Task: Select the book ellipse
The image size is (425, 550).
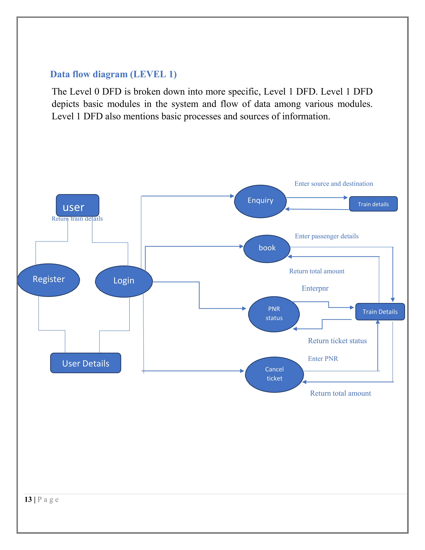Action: (267, 249)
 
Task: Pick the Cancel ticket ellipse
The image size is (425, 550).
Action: (274, 374)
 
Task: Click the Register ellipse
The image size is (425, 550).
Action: (49, 280)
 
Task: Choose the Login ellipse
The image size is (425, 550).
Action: (124, 281)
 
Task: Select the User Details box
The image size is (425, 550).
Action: (86, 363)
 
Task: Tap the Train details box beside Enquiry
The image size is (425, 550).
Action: (373, 204)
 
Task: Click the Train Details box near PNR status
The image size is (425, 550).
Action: (380, 312)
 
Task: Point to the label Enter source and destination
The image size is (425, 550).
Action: (334, 184)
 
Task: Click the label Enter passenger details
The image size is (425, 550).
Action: (327, 236)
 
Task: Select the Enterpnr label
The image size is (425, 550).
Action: (315, 288)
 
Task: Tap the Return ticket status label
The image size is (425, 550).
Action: (337, 341)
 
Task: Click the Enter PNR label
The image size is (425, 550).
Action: (323, 359)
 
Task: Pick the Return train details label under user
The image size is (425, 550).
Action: (77, 219)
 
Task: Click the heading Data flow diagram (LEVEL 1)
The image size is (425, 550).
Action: (113, 74)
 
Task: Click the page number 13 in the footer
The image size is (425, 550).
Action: (28, 499)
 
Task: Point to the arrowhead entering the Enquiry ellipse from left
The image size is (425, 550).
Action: (232, 196)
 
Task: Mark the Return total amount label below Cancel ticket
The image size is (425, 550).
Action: (340, 393)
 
